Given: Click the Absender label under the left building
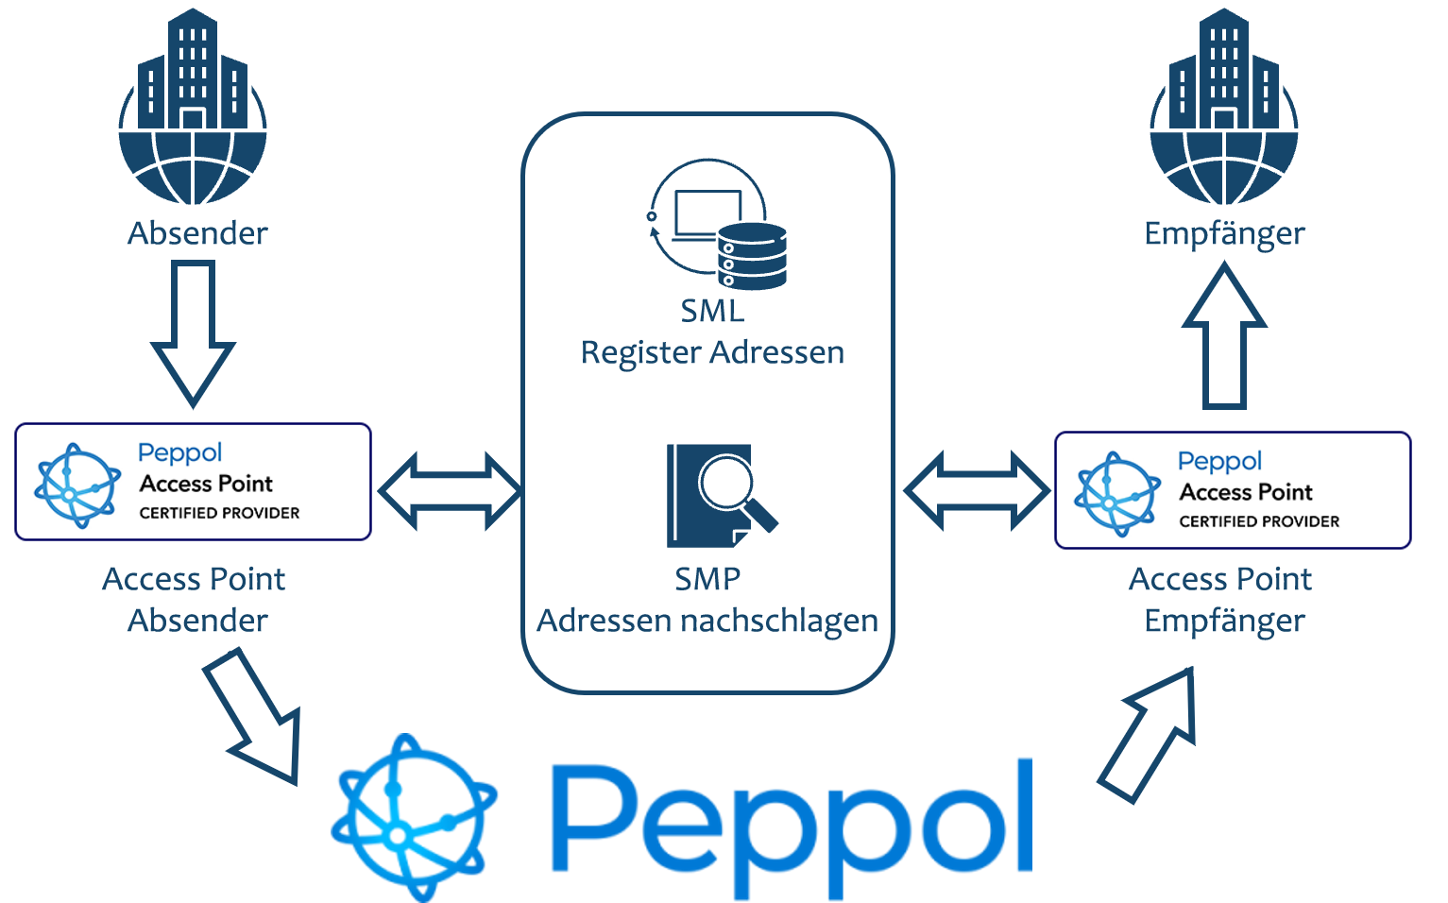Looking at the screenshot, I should pos(196,232).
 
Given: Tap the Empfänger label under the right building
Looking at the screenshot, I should pos(1224,232).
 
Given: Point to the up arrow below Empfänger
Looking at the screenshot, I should pos(1224,335).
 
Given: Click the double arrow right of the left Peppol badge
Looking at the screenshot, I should pos(450,490).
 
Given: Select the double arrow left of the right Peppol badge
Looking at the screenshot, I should pos(977,490).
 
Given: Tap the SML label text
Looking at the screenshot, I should pos(712,311).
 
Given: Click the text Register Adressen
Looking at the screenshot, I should pos(712,352).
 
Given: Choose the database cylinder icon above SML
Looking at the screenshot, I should pos(752,256).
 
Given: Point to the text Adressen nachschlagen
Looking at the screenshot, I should pos(707,621).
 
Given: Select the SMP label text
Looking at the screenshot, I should pos(707,579).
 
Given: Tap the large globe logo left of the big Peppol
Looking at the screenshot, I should pos(412,818).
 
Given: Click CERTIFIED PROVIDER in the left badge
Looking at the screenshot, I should pos(219,513).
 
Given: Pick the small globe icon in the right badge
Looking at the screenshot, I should pos(1117,492).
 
